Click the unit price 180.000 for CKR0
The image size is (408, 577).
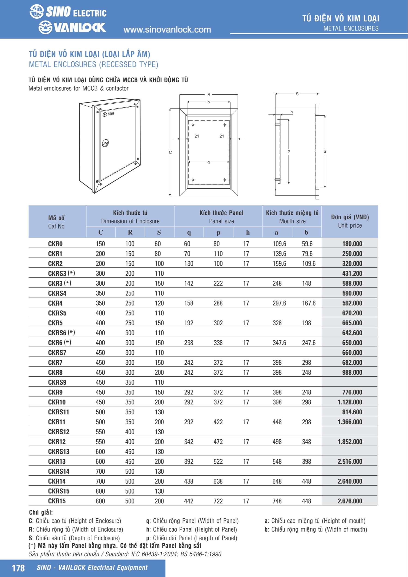(x=352, y=243)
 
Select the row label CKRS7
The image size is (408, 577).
(x=57, y=353)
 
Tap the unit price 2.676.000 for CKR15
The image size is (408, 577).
(x=350, y=501)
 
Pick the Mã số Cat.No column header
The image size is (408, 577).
(x=56, y=222)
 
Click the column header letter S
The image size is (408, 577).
(x=159, y=232)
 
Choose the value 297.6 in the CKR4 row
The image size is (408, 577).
(x=279, y=303)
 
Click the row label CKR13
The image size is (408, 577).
(x=57, y=461)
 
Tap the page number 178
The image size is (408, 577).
(x=18, y=568)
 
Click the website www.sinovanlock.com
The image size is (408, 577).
(x=167, y=30)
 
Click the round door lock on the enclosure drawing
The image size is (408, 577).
(x=105, y=144)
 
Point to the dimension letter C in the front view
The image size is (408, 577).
(x=170, y=152)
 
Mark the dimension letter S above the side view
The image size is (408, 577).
(x=297, y=94)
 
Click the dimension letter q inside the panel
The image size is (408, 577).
(x=209, y=162)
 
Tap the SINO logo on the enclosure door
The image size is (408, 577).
(x=108, y=114)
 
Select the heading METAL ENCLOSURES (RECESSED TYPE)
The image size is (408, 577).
(x=94, y=65)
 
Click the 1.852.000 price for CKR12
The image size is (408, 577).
(x=350, y=442)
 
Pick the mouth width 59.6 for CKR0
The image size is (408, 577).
(x=307, y=243)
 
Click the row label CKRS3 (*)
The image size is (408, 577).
(x=61, y=273)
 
